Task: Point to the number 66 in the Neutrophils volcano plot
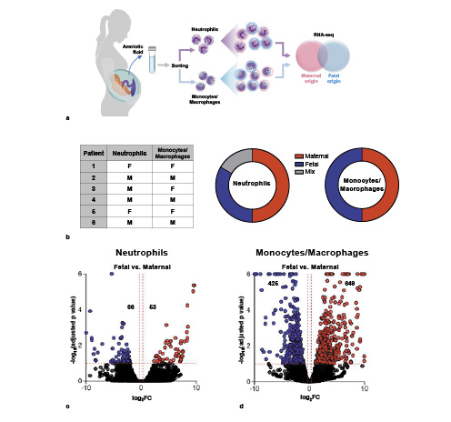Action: pyautogui.click(x=130, y=307)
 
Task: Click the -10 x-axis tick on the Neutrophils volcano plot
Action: pyautogui.click(x=86, y=387)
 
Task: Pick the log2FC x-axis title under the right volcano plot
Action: pyautogui.click(x=311, y=399)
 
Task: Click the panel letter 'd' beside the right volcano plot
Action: pyautogui.click(x=240, y=406)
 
